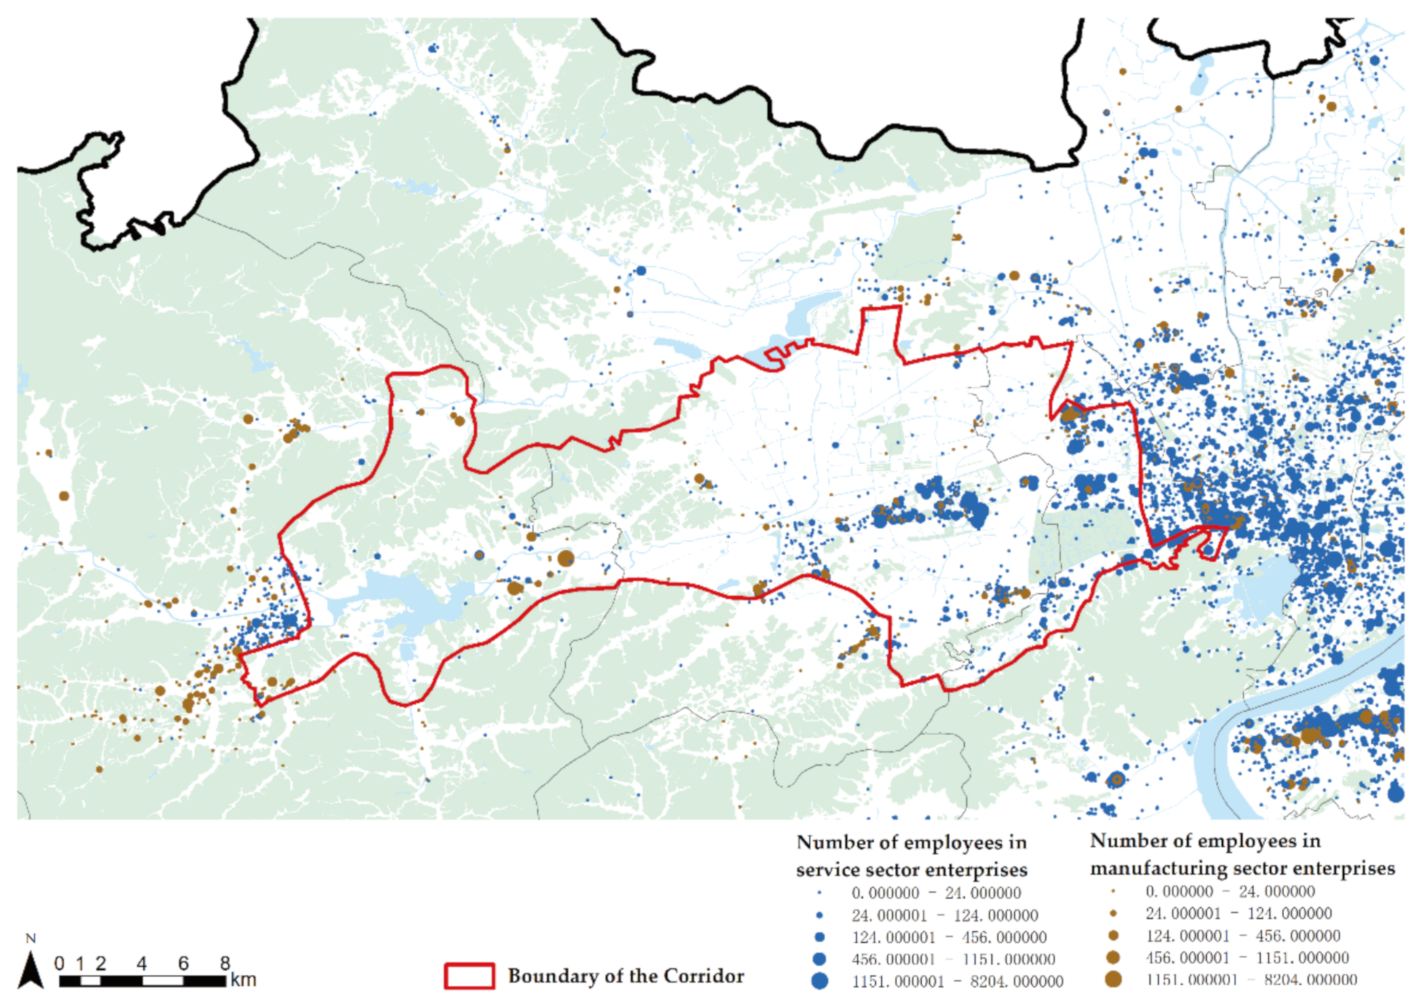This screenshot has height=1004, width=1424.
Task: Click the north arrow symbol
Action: [x=31, y=970]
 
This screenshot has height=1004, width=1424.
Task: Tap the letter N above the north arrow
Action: [x=31, y=938]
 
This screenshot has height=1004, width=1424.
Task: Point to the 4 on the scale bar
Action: [x=141, y=964]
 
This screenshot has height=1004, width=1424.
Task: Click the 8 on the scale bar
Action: [x=225, y=964]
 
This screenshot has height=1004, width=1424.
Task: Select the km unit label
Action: [x=243, y=980]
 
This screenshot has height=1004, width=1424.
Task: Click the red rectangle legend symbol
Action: [x=469, y=976]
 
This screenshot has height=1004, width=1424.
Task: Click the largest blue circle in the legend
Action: [x=820, y=981]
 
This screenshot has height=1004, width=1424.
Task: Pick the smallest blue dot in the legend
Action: [x=820, y=893]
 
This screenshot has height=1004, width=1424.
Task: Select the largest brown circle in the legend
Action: [x=1113, y=979]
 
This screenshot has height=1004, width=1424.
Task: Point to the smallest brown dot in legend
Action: [x=1113, y=891]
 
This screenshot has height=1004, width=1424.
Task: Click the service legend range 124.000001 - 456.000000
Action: [x=949, y=937]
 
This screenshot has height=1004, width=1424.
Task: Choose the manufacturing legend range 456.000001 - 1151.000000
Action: [x=1247, y=957]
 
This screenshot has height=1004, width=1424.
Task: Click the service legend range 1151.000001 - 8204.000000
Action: [x=958, y=981]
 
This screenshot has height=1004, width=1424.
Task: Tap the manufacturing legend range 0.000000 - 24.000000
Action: [x=1230, y=891]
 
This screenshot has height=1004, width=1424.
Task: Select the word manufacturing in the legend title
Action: [x=1159, y=868]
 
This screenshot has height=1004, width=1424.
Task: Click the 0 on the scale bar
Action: [x=59, y=964]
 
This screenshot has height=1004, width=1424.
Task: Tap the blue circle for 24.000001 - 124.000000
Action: [x=820, y=915]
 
